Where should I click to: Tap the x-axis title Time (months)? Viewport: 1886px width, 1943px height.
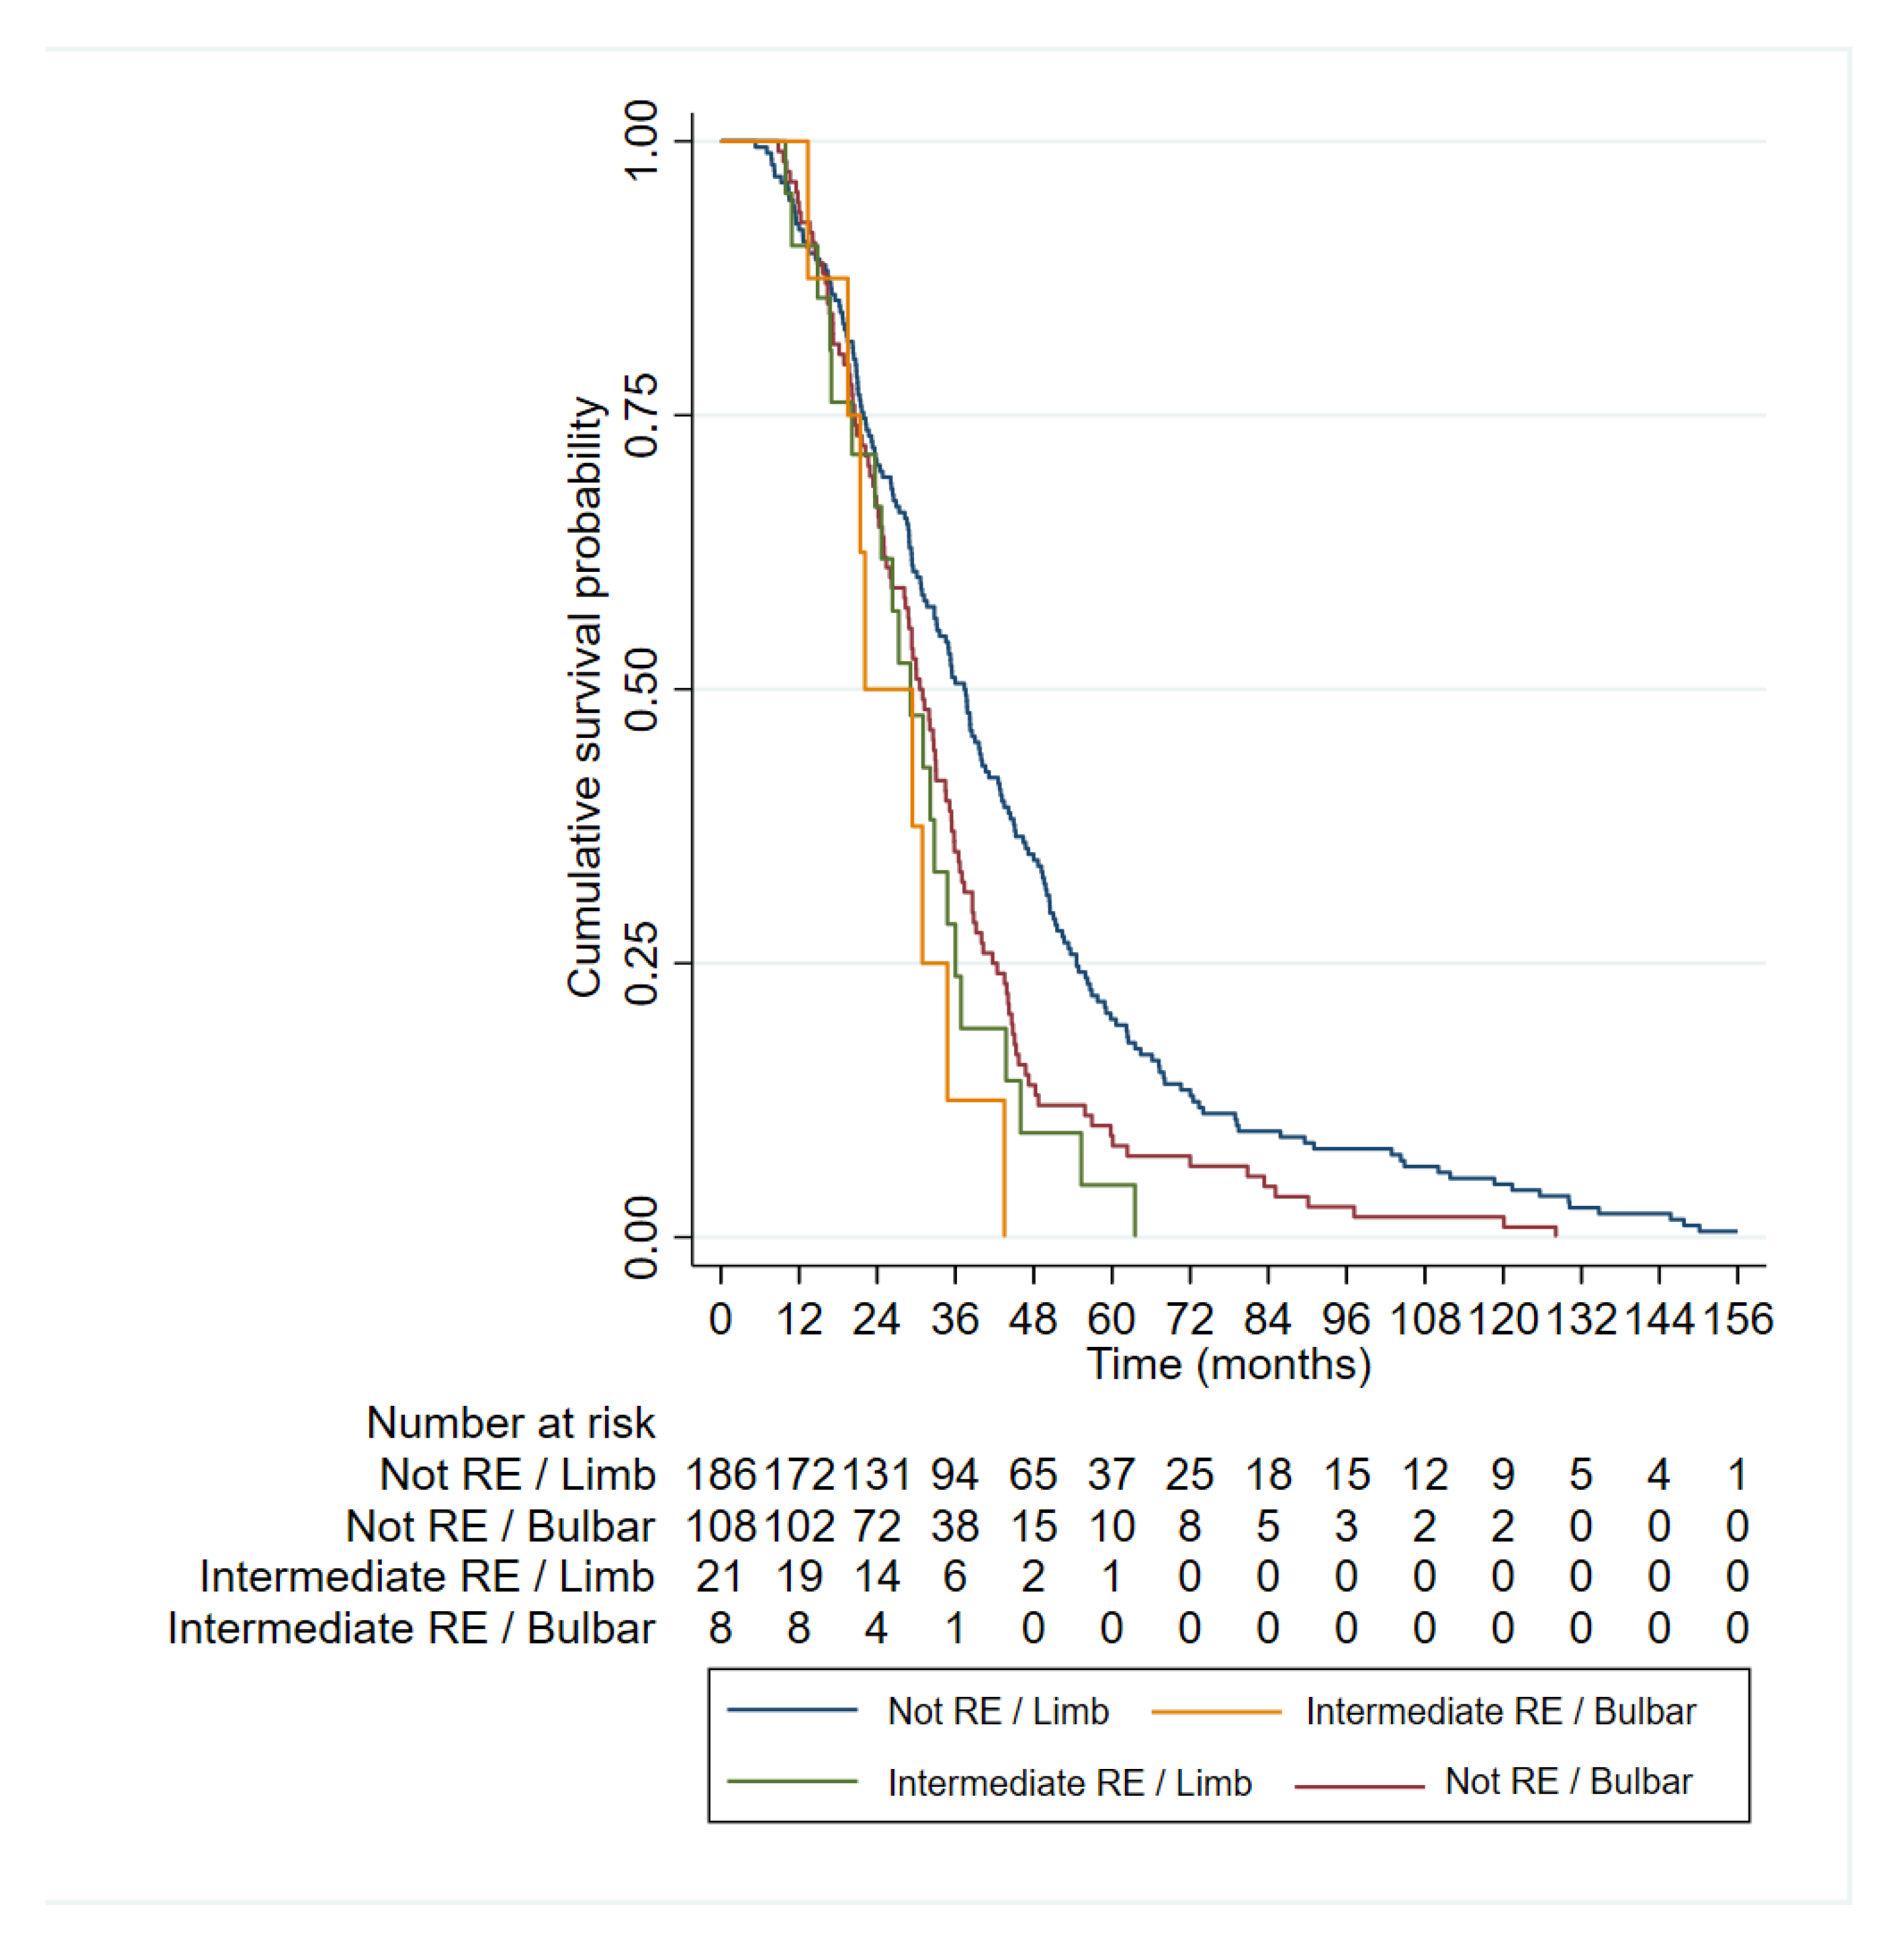tap(1229, 1364)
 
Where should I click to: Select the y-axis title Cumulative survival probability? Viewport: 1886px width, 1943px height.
tap(585, 697)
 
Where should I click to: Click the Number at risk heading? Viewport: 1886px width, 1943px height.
tap(510, 1423)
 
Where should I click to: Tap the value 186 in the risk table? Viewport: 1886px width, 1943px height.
tap(721, 1475)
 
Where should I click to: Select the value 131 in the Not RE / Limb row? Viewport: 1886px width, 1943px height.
tap(877, 1475)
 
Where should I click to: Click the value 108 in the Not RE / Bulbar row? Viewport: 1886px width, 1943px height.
tap(721, 1527)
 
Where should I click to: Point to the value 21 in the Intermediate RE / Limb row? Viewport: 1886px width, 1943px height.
tap(721, 1577)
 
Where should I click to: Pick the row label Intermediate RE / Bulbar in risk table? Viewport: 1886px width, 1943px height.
tap(410, 1628)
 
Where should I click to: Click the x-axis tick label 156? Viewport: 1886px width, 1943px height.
tap(1737, 1320)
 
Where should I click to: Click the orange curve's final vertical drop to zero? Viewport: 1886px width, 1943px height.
tap(1004, 1170)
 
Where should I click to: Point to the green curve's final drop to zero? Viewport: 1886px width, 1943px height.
tap(1134, 1211)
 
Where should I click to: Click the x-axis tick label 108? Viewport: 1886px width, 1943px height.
tap(1424, 1320)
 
